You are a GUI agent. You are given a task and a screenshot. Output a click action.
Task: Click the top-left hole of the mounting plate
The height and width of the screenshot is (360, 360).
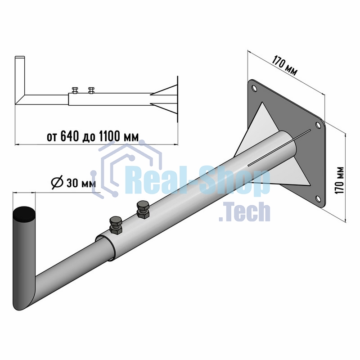pos(254,88)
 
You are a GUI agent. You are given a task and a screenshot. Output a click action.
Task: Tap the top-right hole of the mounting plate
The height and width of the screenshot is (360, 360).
pos(318,125)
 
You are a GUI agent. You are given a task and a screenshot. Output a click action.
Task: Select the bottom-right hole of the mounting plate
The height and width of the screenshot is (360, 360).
pos(318,198)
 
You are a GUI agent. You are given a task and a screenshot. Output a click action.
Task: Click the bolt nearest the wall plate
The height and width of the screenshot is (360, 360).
pos(143,209)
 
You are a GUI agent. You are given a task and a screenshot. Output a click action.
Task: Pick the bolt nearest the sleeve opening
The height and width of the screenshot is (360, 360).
pos(116,225)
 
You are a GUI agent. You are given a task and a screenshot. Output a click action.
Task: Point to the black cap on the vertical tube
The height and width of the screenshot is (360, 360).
pos(24,213)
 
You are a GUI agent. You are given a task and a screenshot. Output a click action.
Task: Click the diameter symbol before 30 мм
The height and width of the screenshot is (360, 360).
pos(57,183)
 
